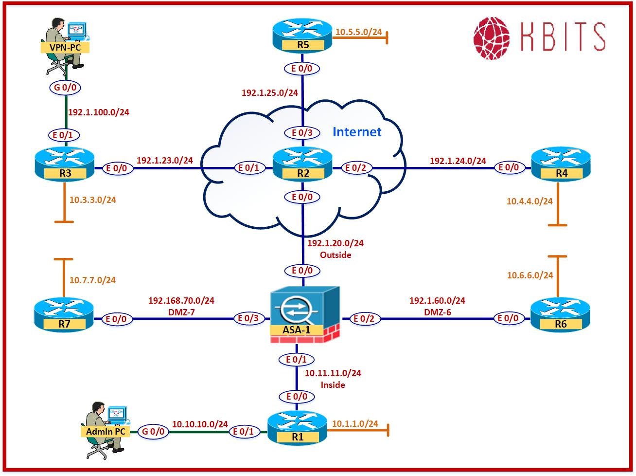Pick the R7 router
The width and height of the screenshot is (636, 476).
pyautogui.click(x=64, y=315)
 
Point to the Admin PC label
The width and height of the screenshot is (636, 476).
pyautogui.click(x=106, y=431)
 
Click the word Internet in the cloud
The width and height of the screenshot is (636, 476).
pyautogui.click(x=357, y=131)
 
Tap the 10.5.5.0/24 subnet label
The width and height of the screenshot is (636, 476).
pyautogui.click(x=358, y=32)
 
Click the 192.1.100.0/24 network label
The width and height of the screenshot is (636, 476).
pyautogui.click(x=99, y=112)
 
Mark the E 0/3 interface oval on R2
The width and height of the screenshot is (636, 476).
pyautogui.click(x=303, y=132)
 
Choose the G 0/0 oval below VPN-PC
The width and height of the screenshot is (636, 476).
pyautogui.click(x=65, y=88)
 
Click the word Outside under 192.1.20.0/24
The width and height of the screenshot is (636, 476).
pyautogui.click(x=336, y=255)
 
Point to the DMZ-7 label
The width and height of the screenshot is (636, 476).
pyautogui.click(x=181, y=312)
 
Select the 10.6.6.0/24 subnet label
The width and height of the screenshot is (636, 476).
pyautogui.click(x=530, y=275)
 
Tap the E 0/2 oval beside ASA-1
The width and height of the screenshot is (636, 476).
pyautogui.click(x=364, y=319)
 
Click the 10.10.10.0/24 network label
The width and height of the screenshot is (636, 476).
pyautogui.click(x=200, y=424)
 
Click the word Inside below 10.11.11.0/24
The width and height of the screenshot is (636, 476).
pyautogui.click(x=333, y=385)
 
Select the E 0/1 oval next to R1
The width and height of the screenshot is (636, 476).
pyautogui.click(x=244, y=431)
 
